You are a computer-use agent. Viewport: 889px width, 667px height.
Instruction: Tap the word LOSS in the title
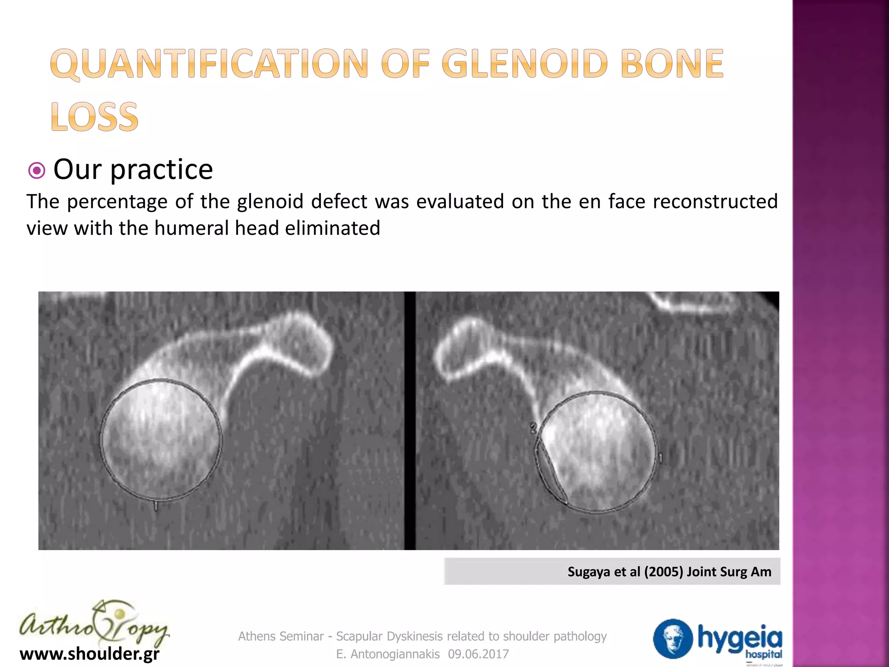(94, 117)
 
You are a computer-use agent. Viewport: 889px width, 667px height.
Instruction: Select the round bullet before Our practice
(36, 170)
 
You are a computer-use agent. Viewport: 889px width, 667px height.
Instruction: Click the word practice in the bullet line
(161, 169)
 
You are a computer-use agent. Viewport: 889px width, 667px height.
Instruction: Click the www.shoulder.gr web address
(89, 654)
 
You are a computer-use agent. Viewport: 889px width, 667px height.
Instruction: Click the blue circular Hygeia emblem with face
(672, 638)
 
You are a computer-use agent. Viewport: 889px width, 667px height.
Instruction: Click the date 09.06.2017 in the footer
(478, 654)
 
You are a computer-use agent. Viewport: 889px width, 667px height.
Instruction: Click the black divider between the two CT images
(410, 420)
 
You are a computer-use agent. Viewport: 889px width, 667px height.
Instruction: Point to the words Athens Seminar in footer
(281, 637)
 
